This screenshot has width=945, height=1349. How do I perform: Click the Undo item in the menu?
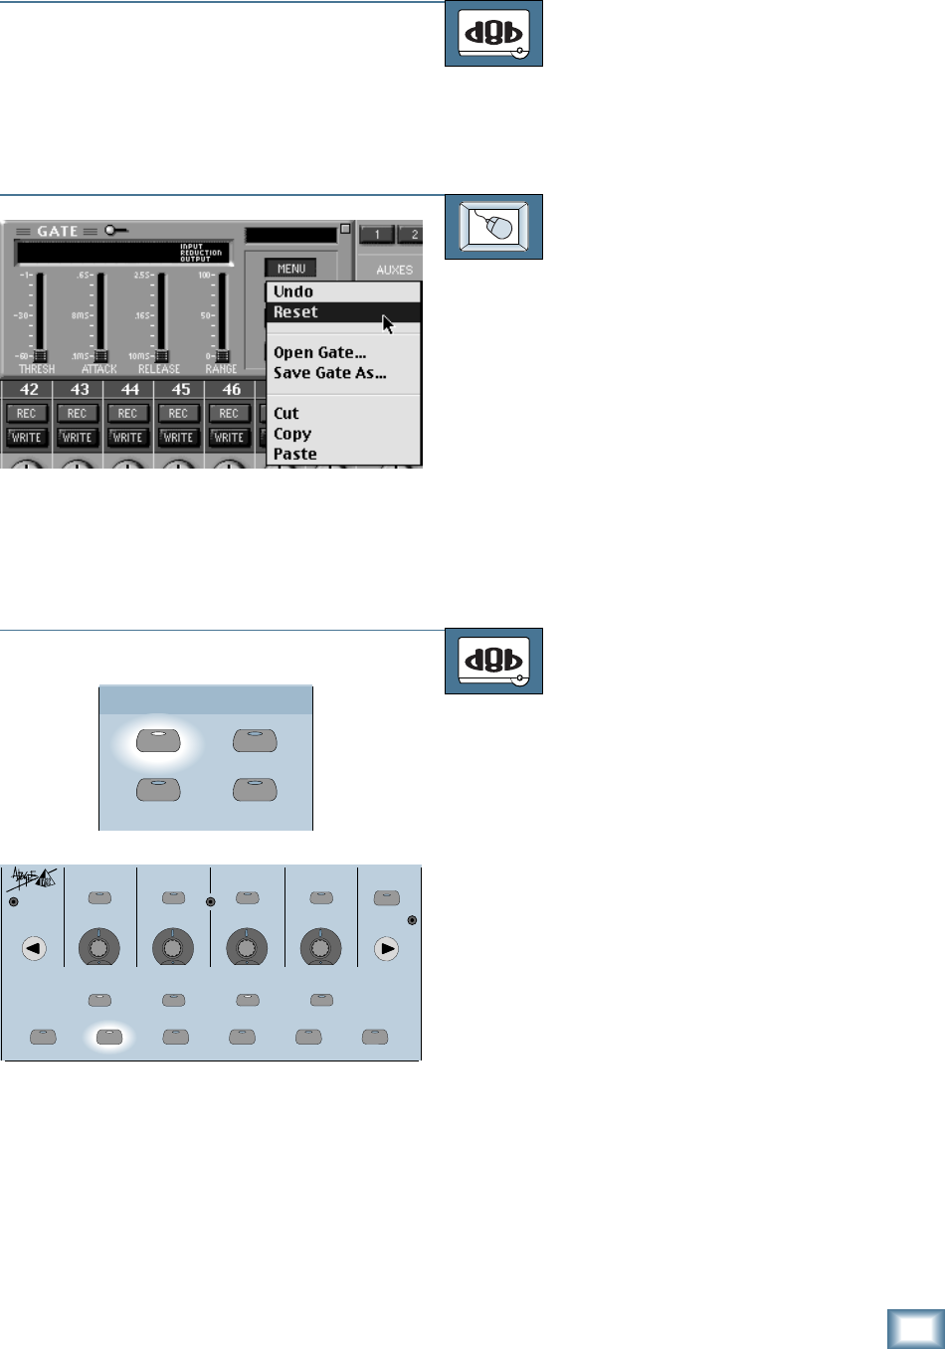(x=293, y=291)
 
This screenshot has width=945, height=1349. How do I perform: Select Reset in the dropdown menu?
(x=295, y=312)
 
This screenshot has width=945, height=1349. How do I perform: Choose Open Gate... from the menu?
(x=319, y=352)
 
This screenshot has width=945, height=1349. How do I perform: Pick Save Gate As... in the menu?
(x=329, y=373)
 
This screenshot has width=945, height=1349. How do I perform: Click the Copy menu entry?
(x=292, y=434)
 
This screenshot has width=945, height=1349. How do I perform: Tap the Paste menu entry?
(x=295, y=455)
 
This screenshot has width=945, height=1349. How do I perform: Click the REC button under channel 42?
(x=27, y=413)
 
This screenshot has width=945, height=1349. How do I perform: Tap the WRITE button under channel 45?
(x=179, y=437)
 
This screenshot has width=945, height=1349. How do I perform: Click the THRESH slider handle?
(x=40, y=356)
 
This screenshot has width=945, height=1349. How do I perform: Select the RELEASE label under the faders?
(x=159, y=369)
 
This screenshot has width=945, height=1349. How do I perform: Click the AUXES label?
(x=394, y=270)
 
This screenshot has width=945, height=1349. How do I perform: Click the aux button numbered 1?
(x=377, y=235)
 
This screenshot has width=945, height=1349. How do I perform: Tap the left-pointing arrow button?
(x=34, y=949)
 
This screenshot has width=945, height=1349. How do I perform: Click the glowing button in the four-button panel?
(x=158, y=741)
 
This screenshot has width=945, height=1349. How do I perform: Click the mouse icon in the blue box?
(x=493, y=227)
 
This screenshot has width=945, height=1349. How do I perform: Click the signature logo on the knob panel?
(x=33, y=878)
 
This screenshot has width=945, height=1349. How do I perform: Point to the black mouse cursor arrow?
(x=387, y=323)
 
